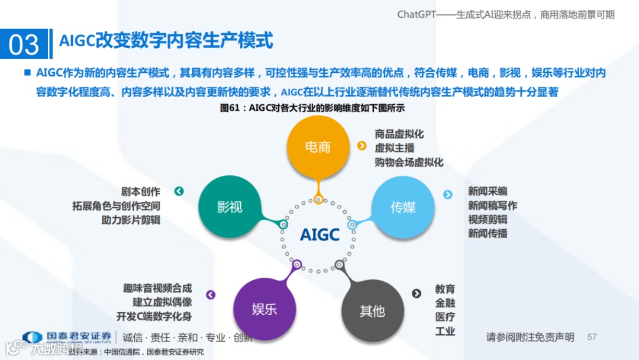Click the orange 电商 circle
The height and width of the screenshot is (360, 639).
coord(318,147)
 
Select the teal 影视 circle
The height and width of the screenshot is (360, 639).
coord(230,207)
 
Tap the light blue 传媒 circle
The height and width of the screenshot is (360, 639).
coord(403,207)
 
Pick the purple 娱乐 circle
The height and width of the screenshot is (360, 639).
coord(264,310)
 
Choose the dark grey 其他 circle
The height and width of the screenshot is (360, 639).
coord(372,311)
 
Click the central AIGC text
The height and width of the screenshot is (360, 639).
coord(319,235)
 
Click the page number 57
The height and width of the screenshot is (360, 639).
coord(592,337)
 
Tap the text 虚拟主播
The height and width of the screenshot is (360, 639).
coord(395,147)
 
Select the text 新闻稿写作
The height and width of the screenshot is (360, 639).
coord(492,205)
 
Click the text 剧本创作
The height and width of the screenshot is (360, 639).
coord(141,192)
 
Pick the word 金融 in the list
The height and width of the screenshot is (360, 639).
coord(445,303)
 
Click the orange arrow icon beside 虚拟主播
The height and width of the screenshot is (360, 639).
coord(362,146)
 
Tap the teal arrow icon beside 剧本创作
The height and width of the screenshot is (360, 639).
coord(179,191)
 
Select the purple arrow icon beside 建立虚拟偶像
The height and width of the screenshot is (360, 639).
coord(211,295)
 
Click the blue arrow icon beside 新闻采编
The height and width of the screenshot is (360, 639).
coord(448,194)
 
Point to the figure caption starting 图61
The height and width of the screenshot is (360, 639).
coord(312,108)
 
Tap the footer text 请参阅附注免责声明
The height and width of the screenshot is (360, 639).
coord(530,337)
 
